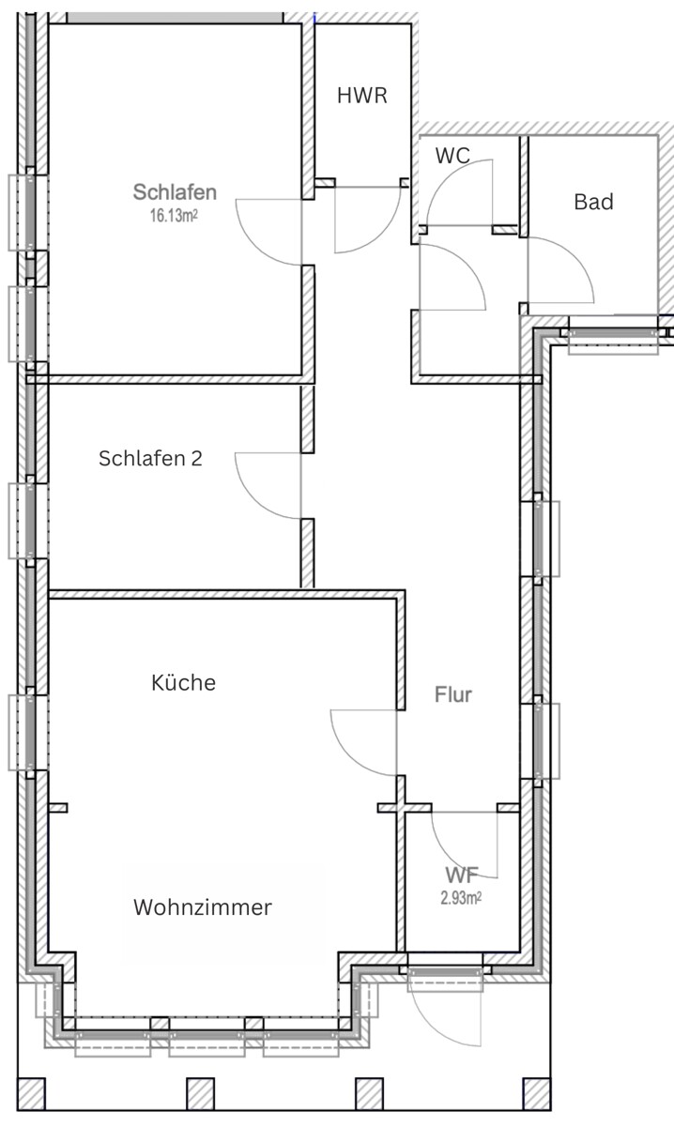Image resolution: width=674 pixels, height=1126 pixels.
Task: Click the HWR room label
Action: click(362, 96)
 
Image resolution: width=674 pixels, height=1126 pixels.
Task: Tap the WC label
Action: click(452, 156)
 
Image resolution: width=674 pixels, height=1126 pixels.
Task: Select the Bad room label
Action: click(594, 202)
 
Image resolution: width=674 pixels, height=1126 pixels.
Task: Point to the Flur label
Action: click(453, 694)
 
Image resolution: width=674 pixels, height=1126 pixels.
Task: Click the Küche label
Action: click(184, 683)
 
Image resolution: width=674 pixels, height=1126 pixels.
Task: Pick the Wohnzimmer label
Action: click(203, 907)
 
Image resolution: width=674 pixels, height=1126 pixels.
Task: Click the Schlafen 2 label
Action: click(150, 459)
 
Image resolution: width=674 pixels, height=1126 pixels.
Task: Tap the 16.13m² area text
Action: click(174, 216)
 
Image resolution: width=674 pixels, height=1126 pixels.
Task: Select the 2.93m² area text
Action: click(461, 897)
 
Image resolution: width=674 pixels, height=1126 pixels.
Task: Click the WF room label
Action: click(461, 875)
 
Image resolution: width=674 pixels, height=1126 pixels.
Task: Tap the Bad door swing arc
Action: click(574, 256)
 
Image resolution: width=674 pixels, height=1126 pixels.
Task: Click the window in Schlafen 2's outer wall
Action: click(28, 520)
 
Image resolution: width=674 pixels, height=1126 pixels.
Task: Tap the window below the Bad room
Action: click(614, 335)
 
